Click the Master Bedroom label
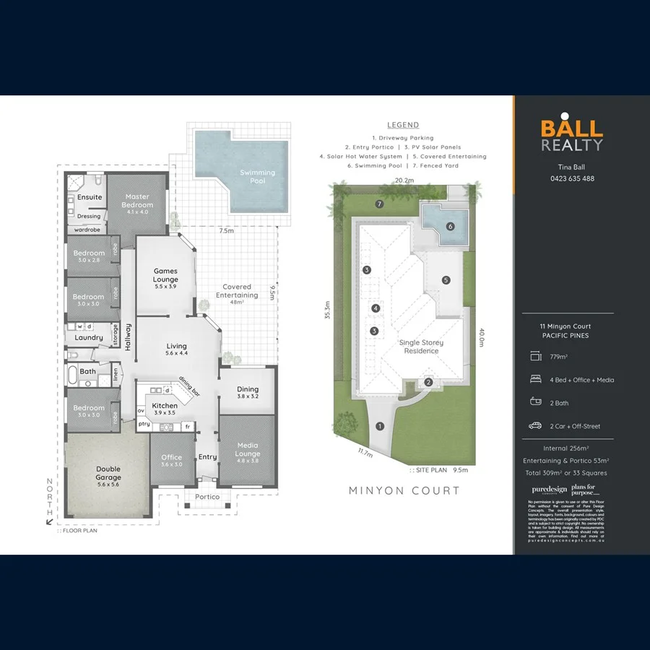tap(137, 201)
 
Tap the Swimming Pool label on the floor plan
tap(257, 176)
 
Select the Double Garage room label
tap(108, 473)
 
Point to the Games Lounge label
tap(165, 275)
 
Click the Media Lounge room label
tap(247, 449)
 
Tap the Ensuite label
tap(90, 196)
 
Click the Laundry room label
tap(89, 337)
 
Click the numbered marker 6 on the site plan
tap(450, 226)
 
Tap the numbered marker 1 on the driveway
tap(380, 426)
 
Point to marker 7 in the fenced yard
tap(378, 204)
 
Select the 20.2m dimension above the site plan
tap(404, 181)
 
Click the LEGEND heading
tap(403, 125)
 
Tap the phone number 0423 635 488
tap(572, 178)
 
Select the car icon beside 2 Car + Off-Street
tap(535, 425)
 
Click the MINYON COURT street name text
tap(404, 490)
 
